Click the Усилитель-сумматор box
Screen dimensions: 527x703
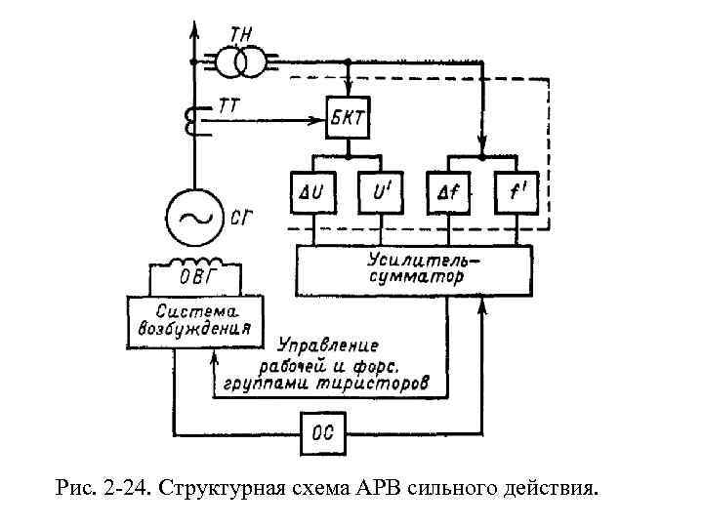point(415,268)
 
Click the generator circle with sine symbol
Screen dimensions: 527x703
point(194,217)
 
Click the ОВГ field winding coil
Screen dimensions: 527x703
point(194,264)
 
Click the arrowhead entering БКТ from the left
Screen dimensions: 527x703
point(318,121)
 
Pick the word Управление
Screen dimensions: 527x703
point(327,346)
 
